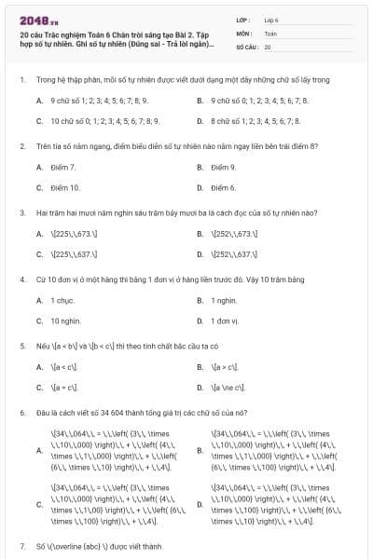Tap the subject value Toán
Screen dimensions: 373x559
point(270,32)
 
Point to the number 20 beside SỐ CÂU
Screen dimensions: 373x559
point(268,46)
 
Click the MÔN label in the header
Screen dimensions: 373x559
point(243,32)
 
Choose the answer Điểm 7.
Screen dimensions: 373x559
point(63,167)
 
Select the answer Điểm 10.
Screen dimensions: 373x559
point(65,187)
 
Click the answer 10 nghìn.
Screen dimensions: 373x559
point(65,320)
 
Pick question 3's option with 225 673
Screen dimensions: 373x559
point(72,233)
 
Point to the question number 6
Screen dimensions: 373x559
point(21,412)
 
